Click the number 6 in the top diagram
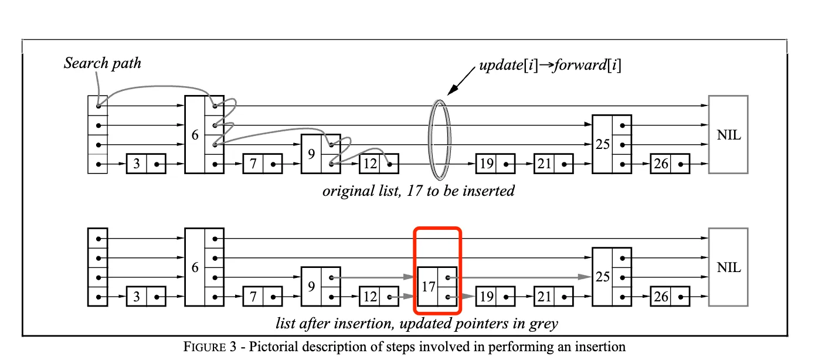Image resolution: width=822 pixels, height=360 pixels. (195, 135)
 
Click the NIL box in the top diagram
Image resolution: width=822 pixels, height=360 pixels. (728, 135)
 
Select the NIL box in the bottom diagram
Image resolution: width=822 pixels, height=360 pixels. (728, 267)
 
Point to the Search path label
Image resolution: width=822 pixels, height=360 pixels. (103, 63)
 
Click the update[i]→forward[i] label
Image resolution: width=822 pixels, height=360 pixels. (550, 66)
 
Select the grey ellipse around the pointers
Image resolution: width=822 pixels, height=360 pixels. (440, 140)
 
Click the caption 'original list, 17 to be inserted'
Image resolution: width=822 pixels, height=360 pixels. (418, 191)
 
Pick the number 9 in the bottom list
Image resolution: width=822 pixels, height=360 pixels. (311, 287)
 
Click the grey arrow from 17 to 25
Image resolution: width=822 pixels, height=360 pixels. (522, 277)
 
